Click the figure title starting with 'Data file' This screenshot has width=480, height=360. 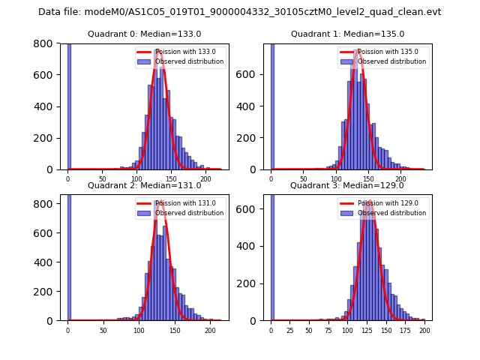pos(240,12)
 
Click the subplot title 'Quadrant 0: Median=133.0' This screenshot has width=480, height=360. pos(145,34)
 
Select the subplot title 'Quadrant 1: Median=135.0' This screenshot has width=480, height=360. pos(347,34)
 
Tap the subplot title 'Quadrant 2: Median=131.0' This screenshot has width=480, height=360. pos(145,185)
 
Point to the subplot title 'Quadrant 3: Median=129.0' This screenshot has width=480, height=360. pos(347,185)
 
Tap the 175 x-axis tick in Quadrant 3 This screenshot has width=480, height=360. pos(406,330)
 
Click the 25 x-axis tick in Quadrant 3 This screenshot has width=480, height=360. pos(290,330)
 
